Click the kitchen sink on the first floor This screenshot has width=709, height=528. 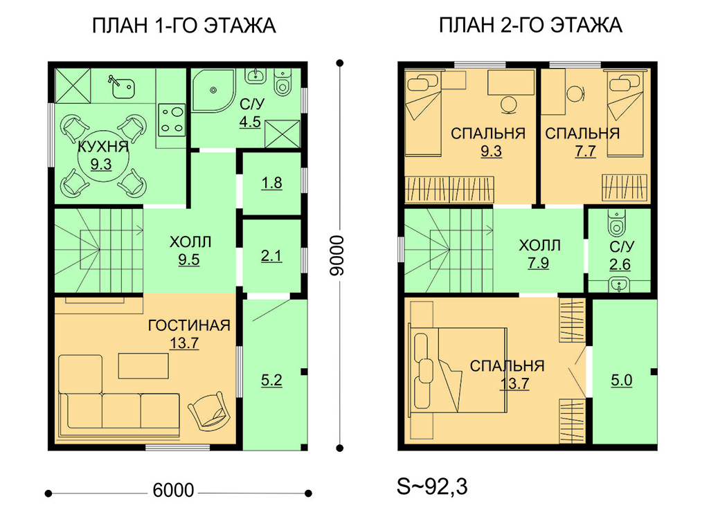click(120, 87)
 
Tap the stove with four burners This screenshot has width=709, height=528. click(172, 119)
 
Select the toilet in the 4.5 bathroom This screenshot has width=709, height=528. click(283, 82)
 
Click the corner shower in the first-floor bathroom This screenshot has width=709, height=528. click(213, 90)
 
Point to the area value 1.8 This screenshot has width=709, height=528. click(271, 183)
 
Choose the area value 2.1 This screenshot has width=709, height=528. click(271, 256)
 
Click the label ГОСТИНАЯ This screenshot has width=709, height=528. click(189, 325)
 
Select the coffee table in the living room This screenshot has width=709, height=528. click(143, 365)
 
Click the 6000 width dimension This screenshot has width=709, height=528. click(173, 490)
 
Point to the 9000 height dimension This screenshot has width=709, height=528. click(337, 255)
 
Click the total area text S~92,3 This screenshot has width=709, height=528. click(432, 487)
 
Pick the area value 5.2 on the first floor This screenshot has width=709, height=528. click(271, 381)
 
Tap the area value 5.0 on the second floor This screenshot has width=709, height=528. click(621, 381)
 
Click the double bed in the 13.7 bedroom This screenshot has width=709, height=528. click(458, 370)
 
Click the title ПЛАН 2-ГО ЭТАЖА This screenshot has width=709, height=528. click(530, 26)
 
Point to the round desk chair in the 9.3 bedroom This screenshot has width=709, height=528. click(509, 105)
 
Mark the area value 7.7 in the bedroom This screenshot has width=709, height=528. click(585, 152)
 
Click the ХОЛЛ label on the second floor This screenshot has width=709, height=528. click(540, 246)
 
